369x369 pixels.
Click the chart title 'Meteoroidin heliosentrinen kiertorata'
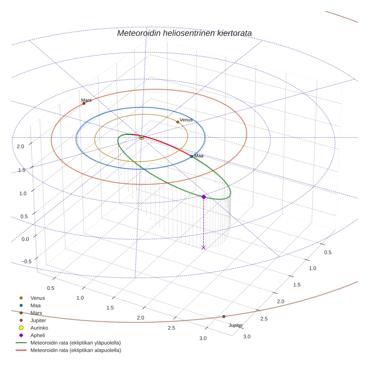[x=184, y=33]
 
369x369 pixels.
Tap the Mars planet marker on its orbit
[x=84, y=103]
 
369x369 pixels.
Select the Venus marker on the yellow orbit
[x=178, y=122]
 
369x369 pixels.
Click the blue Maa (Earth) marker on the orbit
[x=192, y=156]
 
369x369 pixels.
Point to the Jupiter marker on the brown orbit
[x=224, y=316]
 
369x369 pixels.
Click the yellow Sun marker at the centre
[x=141, y=138]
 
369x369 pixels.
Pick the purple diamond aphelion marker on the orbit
[x=204, y=197]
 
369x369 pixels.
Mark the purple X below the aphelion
[x=204, y=247]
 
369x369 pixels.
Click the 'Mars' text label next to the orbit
[x=86, y=100]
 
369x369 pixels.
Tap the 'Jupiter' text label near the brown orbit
[x=235, y=325]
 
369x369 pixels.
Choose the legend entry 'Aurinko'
[x=39, y=328]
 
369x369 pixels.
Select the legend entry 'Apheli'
[x=37, y=335]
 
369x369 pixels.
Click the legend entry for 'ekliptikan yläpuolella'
[x=75, y=343]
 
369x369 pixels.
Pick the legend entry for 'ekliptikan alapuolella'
[x=75, y=350]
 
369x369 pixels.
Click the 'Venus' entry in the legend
[x=37, y=298]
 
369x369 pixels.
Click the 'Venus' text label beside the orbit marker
[x=186, y=120]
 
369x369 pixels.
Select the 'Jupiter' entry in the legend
[x=38, y=320]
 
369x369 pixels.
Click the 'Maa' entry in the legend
[x=36, y=305]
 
